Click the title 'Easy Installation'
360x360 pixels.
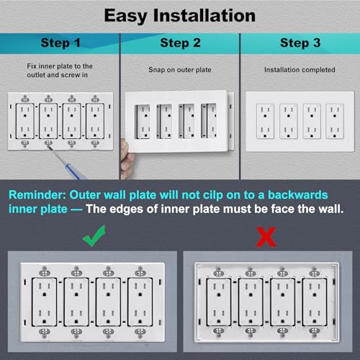click(179, 14)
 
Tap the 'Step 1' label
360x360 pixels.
click(60, 42)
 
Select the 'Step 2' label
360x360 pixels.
click(179, 42)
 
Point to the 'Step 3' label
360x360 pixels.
click(299, 42)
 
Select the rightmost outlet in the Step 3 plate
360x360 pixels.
click(334, 120)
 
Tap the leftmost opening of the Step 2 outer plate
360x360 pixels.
click(143, 119)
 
